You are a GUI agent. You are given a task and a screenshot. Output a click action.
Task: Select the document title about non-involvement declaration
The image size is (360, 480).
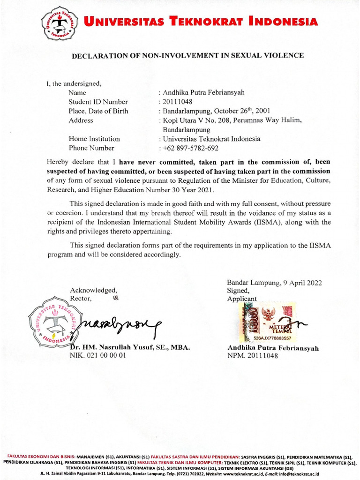(187, 55)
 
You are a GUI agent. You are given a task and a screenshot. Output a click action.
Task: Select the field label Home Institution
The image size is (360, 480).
(94, 139)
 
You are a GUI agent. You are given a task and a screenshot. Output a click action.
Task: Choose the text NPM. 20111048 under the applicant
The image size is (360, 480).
(253, 356)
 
